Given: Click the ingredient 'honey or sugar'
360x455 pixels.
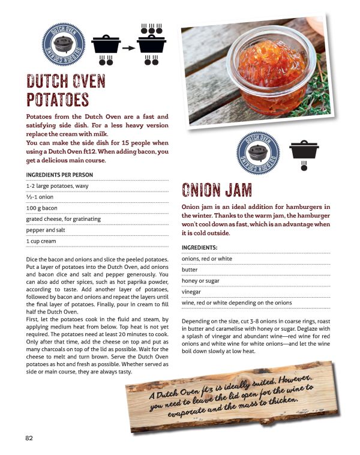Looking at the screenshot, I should tap(203, 282).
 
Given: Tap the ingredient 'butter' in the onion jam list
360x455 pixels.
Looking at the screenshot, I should tap(190, 270).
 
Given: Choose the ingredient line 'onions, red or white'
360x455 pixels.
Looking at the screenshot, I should tap(206, 259).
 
